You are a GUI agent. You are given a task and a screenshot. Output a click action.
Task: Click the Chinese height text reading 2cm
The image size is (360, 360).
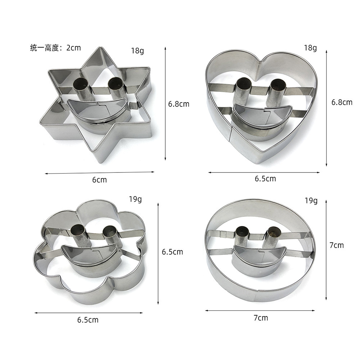(55, 48)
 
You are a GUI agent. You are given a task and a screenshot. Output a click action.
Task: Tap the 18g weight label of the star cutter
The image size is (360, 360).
(138, 50)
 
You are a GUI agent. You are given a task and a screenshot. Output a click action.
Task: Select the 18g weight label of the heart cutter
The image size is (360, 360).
(310, 48)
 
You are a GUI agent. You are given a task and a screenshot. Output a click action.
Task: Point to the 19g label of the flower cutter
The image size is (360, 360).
(135, 199)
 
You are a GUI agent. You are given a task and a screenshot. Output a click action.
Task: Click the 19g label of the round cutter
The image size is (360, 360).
(311, 201)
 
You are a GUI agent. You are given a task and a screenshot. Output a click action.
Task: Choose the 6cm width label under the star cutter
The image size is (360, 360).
(99, 180)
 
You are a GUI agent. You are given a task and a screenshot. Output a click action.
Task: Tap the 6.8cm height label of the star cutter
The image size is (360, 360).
(179, 104)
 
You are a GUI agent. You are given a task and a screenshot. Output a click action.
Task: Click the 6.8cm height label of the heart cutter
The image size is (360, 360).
(342, 102)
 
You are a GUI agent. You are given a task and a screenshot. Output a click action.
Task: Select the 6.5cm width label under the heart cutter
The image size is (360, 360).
(265, 179)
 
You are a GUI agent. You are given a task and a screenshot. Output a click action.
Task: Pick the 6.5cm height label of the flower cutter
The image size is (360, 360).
(172, 252)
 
